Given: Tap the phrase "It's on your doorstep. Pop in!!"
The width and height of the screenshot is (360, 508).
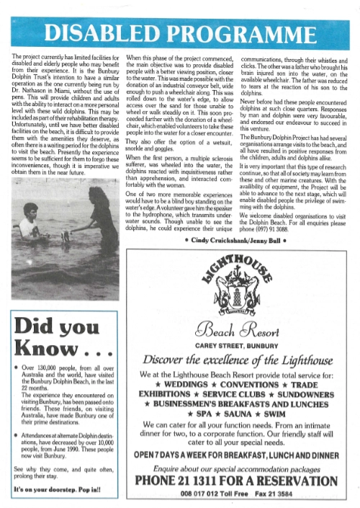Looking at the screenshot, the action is (x=55, y=490).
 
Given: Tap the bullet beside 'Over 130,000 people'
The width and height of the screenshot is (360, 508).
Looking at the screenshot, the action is (x=17, y=368).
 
